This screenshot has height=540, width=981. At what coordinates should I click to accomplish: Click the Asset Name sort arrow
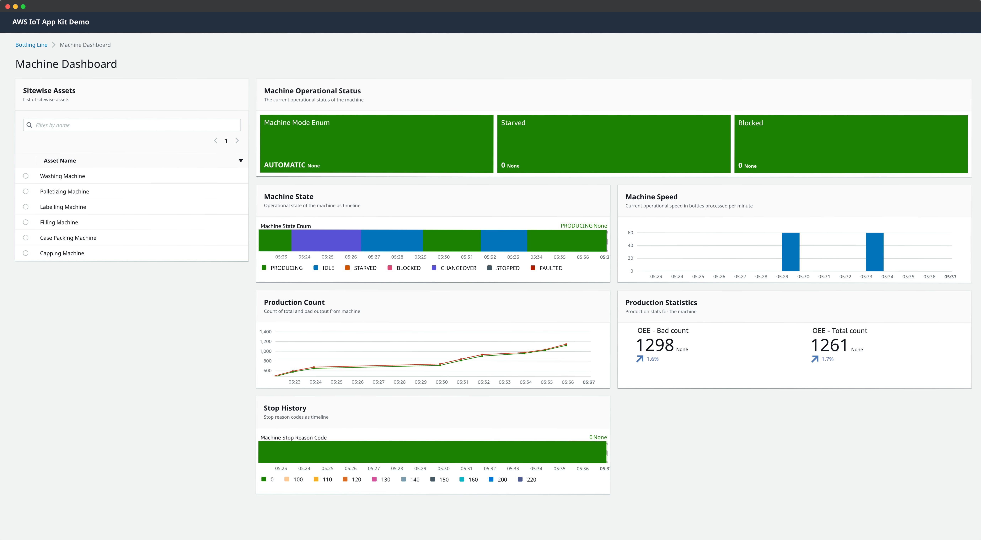pos(241,160)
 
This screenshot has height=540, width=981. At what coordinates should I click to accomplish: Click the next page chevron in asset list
pos(237,141)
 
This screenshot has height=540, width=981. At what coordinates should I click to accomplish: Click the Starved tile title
pos(513,123)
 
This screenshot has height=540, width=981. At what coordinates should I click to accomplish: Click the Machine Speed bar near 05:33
pos(874,251)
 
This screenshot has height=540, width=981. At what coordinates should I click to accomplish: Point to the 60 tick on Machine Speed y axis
pos(630,233)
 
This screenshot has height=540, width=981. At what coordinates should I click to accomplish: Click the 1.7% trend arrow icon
pos(815,359)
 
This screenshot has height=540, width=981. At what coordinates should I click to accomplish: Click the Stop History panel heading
pos(285,408)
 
